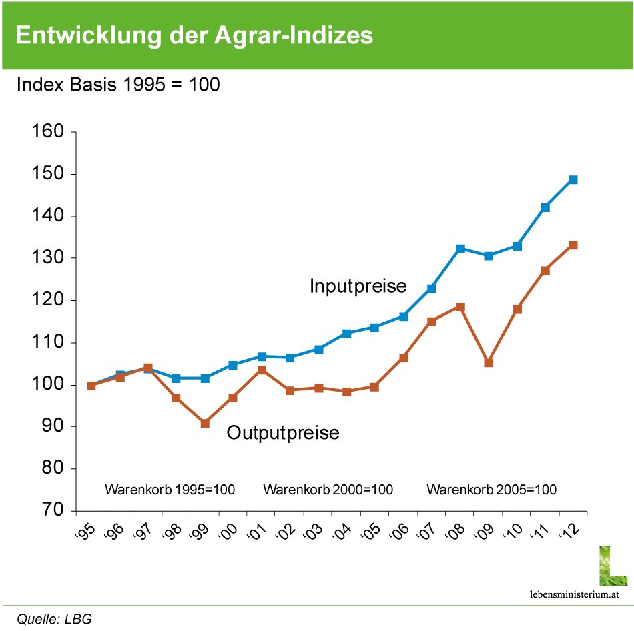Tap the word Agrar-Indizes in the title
click(x=294, y=36)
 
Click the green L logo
click(x=613, y=566)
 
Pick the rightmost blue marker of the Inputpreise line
click(x=573, y=180)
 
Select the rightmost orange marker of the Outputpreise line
click(x=573, y=245)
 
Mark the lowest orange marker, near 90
click(x=205, y=424)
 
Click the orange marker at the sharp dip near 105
click(x=489, y=363)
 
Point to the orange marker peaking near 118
click(x=460, y=307)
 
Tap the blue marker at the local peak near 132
click(x=460, y=248)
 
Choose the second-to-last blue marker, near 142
click(x=545, y=207)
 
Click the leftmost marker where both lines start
click(x=91, y=386)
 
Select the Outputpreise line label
click(x=283, y=434)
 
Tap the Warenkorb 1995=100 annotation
click(x=170, y=490)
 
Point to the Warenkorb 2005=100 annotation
click(x=491, y=490)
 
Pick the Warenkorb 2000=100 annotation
click(x=328, y=490)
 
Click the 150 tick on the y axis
click(x=47, y=173)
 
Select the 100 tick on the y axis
click(x=47, y=383)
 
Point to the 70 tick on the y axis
click(x=47, y=509)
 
